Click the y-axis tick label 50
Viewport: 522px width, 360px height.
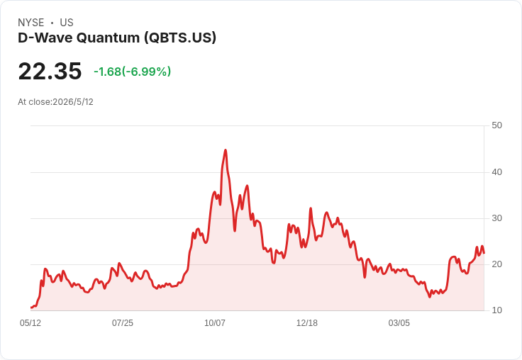tap(496, 125)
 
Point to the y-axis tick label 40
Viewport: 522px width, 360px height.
tap(496, 172)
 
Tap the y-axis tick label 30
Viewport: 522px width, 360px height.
tap(496, 218)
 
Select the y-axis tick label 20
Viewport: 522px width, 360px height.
tap(496, 264)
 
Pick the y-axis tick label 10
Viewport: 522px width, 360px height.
tap(496, 310)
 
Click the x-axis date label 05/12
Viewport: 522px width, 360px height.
tap(30, 323)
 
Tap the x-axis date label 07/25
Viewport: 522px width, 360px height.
tap(123, 323)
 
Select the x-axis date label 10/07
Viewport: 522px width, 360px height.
tap(215, 323)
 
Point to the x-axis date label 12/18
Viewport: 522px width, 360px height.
tap(307, 323)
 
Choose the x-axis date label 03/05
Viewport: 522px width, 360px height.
tap(399, 323)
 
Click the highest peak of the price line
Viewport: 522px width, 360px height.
tap(226, 150)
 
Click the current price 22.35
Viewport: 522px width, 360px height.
tap(50, 71)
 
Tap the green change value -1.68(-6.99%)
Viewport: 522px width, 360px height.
tap(133, 72)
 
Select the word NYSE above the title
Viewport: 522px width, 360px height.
tap(31, 23)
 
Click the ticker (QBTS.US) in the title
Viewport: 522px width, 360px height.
tap(180, 38)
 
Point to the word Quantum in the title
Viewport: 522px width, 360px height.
tap(109, 38)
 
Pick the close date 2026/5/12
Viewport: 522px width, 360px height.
tap(73, 102)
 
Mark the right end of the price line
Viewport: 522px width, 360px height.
tap(484, 253)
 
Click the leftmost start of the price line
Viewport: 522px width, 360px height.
tap(31, 308)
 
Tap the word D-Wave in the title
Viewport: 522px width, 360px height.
tap(45, 38)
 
